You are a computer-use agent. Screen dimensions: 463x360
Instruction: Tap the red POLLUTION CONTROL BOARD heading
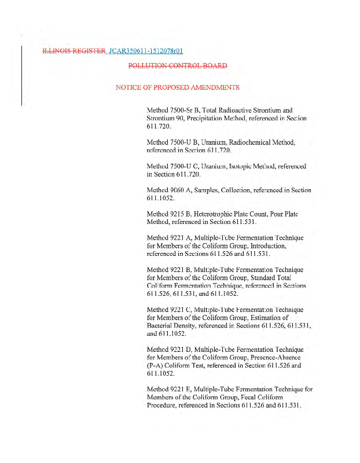coord(178,66)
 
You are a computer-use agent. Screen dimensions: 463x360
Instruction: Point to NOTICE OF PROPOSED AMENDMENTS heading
coord(178,87)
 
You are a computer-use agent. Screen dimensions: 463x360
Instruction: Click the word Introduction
coord(265,246)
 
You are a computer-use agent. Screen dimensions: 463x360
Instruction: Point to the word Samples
coord(212,190)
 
